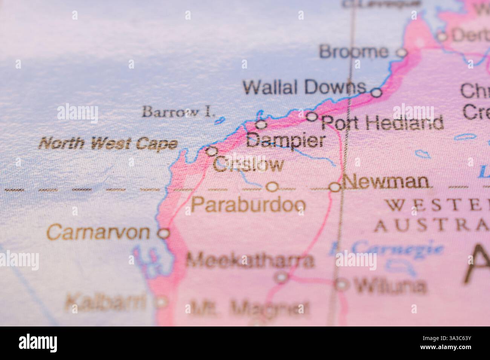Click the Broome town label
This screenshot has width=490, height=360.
click(x=353, y=52)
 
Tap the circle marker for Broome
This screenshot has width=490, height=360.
click(x=403, y=53)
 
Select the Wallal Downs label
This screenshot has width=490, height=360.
click(x=304, y=87)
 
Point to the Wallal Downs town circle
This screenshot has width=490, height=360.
click(x=377, y=92)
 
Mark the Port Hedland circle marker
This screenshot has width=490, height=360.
click(x=312, y=116)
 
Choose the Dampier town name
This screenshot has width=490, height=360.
click(x=285, y=141)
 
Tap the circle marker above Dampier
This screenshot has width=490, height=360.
click(x=261, y=124)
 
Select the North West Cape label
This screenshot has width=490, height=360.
click(x=109, y=143)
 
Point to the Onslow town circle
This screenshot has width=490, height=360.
click(x=212, y=151)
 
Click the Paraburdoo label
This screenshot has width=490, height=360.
click(x=248, y=205)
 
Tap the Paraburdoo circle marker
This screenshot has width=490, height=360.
click(x=272, y=187)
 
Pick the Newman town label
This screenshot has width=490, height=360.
click(x=386, y=182)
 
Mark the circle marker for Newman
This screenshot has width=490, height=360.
click(x=335, y=187)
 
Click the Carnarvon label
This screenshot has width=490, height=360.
click(x=98, y=232)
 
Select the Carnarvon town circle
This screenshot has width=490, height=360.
click(x=164, y=233)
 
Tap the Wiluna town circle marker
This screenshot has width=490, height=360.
click(x=341, y=285)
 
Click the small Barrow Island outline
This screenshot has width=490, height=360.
click(x=219, y=121)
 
